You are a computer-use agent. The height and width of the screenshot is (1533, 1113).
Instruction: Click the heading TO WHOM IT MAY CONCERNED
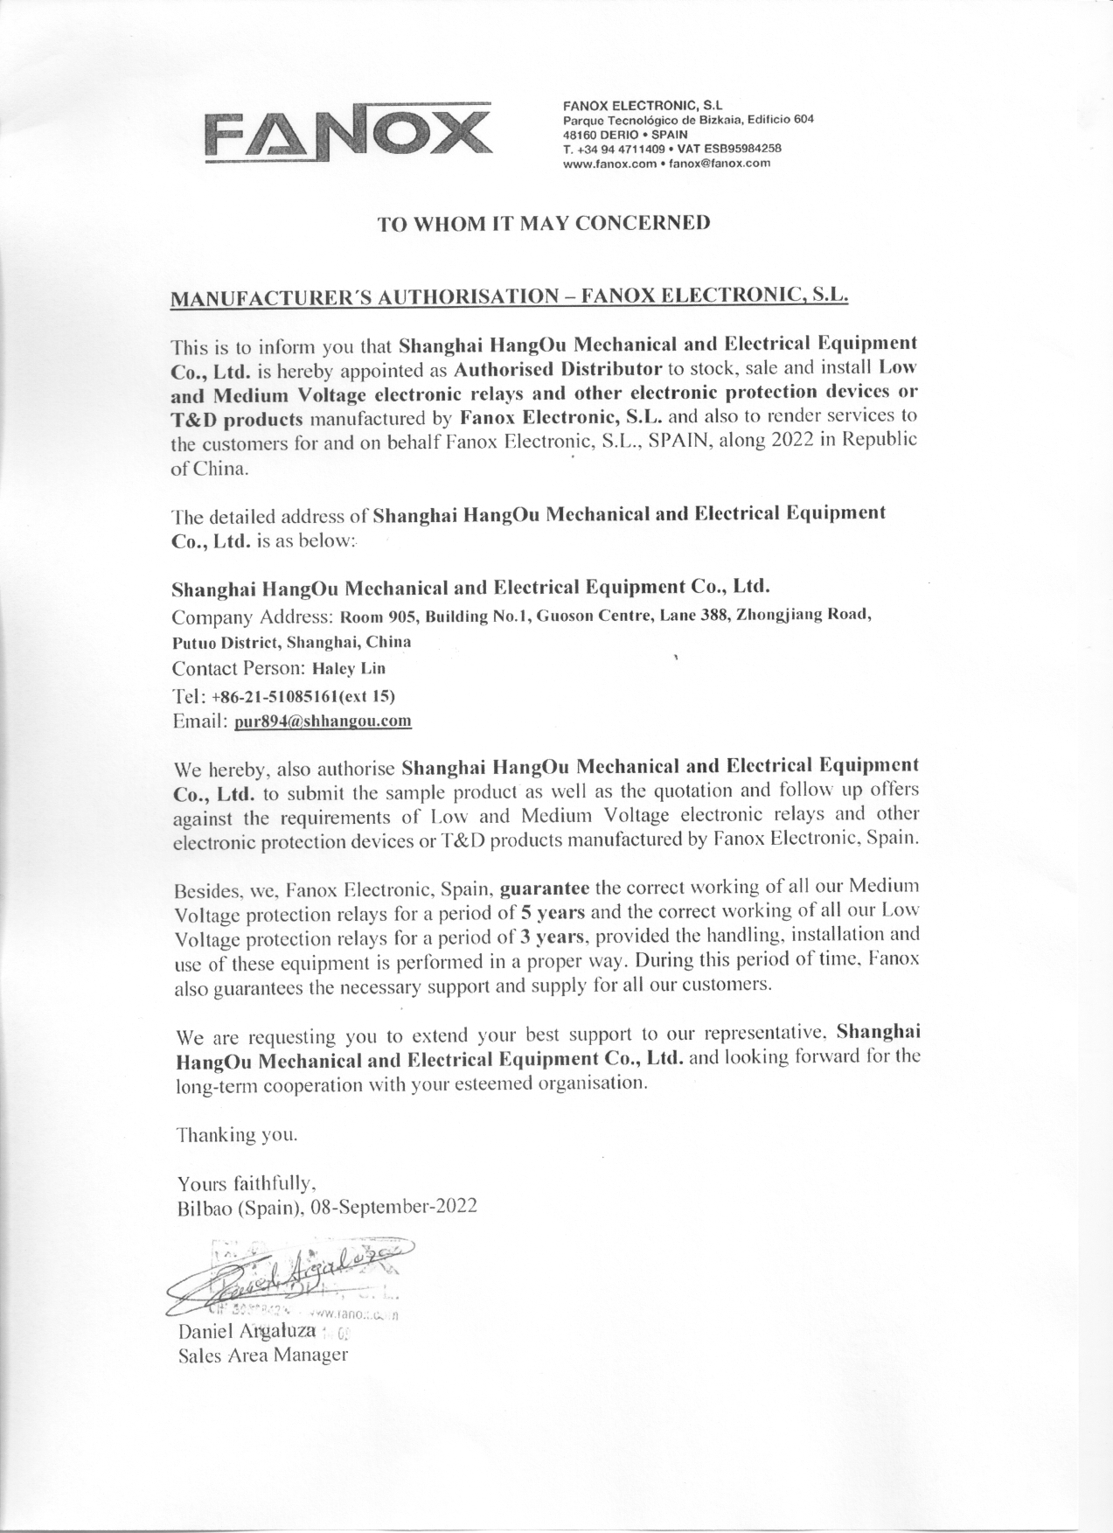[x=543, y=223]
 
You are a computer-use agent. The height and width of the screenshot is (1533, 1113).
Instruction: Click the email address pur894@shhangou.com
[x=323, y=722]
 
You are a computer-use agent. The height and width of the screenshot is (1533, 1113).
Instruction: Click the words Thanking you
[x=237, y=1136]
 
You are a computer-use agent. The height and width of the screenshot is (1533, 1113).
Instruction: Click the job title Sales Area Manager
[x=262, y=1356]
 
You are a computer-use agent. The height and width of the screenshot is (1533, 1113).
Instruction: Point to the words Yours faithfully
[x=241, y=1185]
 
